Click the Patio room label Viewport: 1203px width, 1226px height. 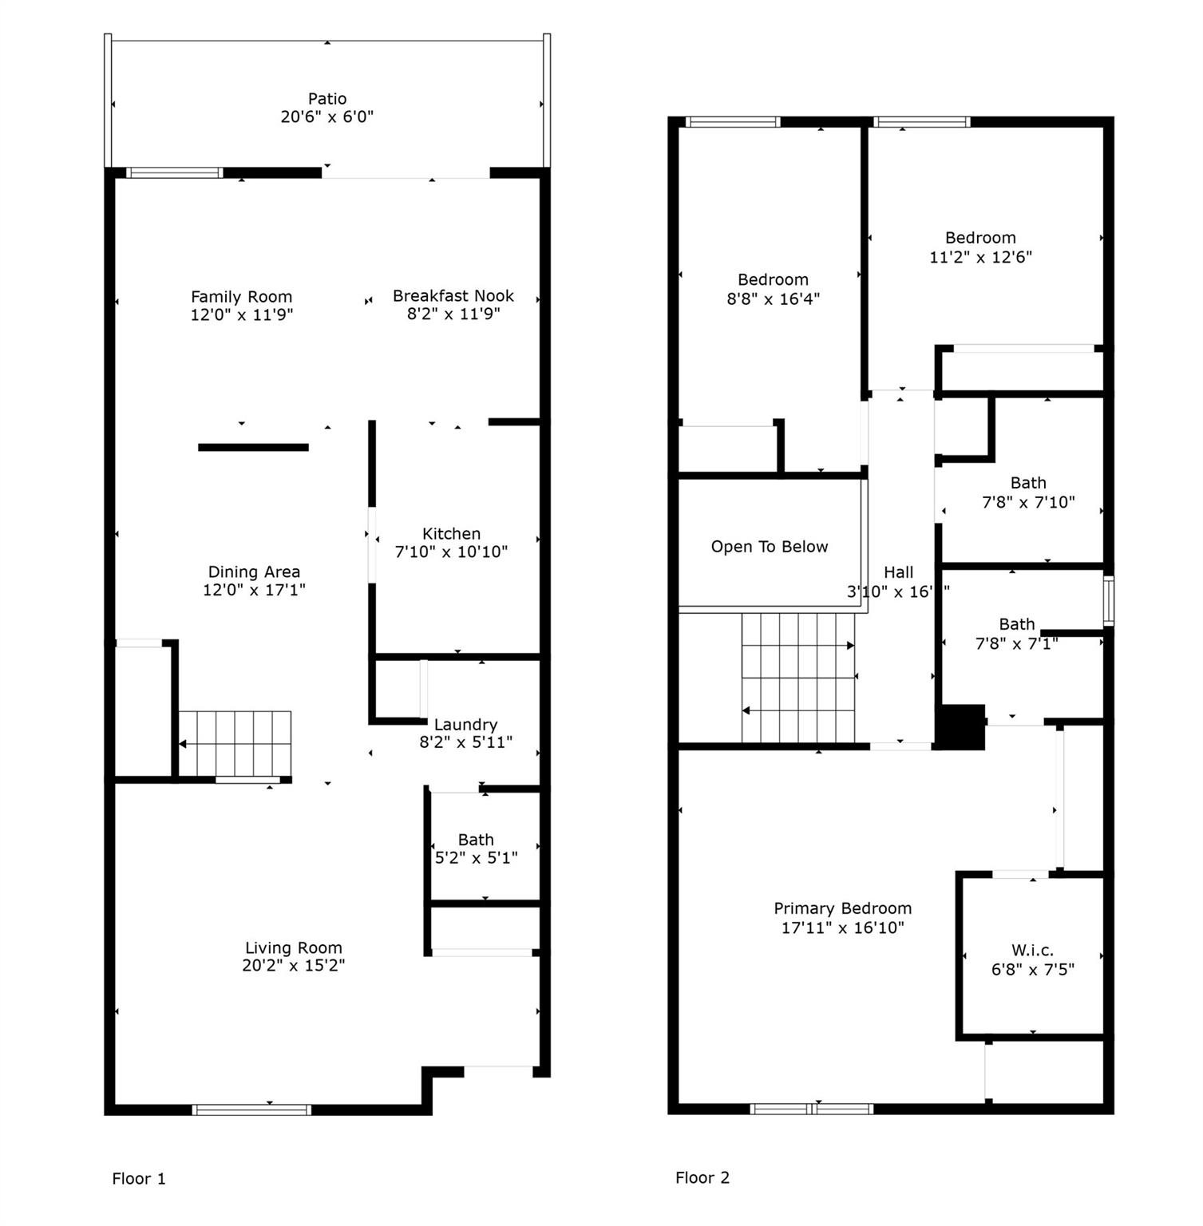pos(327,99)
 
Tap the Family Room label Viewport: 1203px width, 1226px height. pos(241,297)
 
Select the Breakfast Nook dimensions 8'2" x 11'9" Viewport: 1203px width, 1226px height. pos(453,314)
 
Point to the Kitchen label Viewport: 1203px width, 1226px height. pos(451,534)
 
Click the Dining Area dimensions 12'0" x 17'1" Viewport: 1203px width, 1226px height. pos(254,590)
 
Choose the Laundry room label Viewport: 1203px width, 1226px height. pos(465,725)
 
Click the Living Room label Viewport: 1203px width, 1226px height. pos(293,948)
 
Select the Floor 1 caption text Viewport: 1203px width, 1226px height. pos(139,1179)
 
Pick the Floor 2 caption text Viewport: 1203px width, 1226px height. pos(702,1178)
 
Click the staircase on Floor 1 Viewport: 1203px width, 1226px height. pos(235,744)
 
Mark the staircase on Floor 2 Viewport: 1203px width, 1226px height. pos(798,678)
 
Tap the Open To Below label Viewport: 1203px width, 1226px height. pos(770,547)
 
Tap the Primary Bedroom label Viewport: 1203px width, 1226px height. pos(842,908)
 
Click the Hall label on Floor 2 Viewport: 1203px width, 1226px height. pos(898,572)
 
